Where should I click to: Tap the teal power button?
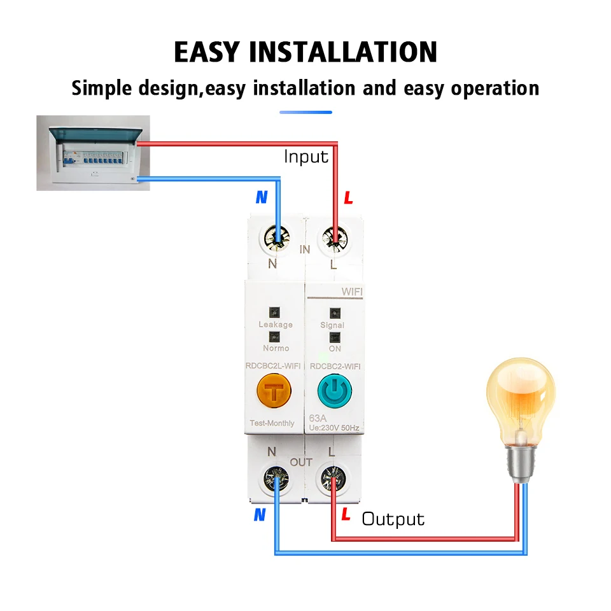point(333,393)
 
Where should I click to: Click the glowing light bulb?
point(520,407)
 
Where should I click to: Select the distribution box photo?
point(93,153)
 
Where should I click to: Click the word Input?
point(306,157)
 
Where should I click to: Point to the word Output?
point(393,519)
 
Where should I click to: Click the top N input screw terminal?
point(277,237)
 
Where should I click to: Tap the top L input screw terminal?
point(333,237)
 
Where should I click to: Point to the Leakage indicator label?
point(276,325)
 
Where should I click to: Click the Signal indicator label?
point(332,325)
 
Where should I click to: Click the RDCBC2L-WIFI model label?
point(274,365)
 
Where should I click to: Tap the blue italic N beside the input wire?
point(262,197)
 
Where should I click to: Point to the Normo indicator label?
point(276,348)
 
